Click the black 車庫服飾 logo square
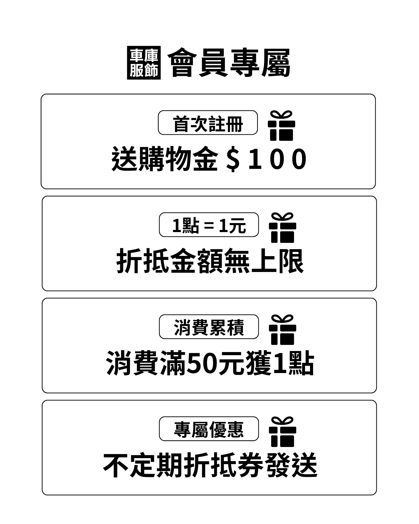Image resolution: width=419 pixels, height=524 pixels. pyautogui.click(x=144, y=63)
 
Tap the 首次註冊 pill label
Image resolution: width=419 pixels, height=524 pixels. pyautogui.click(x=208, y=123)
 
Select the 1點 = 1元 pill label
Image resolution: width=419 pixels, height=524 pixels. pyautogui.click(x=209, y=225)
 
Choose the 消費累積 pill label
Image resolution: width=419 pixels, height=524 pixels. pyautogui.click(x=209, y=327)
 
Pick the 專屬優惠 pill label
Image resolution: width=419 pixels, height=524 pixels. pyautogui.click(x=209, y=429)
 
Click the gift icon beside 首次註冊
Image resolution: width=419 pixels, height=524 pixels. pyautogui.click(x=281, y=126)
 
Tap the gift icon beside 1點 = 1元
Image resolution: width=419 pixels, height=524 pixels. pyautogui.click(x=282, y=228)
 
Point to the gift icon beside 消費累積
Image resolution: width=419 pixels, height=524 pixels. pyautogui.click(x=282, y=330)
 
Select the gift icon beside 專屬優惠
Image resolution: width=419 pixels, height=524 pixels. pyautogui.click(x=282, y=432)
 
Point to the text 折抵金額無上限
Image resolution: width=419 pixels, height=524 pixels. pyautogui.click(x=210, y=261)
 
